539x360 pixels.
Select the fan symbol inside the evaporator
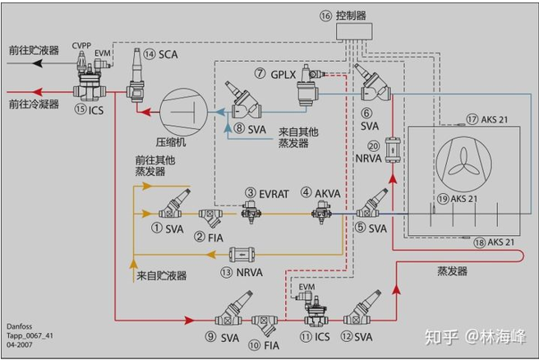click(x=463, y=164)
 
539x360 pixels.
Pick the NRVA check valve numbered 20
click(x=393, y=150)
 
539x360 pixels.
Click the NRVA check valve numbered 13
click(x=242, y=255)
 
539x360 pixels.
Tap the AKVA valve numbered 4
click(x=321, y=213)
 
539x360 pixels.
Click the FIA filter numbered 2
click(x=210, y=217)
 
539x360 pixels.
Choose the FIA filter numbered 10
click(x=264, y=324)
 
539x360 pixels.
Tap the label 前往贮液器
click(x=34, y=50)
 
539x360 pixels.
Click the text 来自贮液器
click(x=161, y=275)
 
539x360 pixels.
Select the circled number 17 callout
click(x=472, y=119)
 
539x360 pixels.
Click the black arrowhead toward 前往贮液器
click(x=38, y=63)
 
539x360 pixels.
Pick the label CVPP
click(x=81, y=46)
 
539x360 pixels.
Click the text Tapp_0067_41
click(x=30, y=335)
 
